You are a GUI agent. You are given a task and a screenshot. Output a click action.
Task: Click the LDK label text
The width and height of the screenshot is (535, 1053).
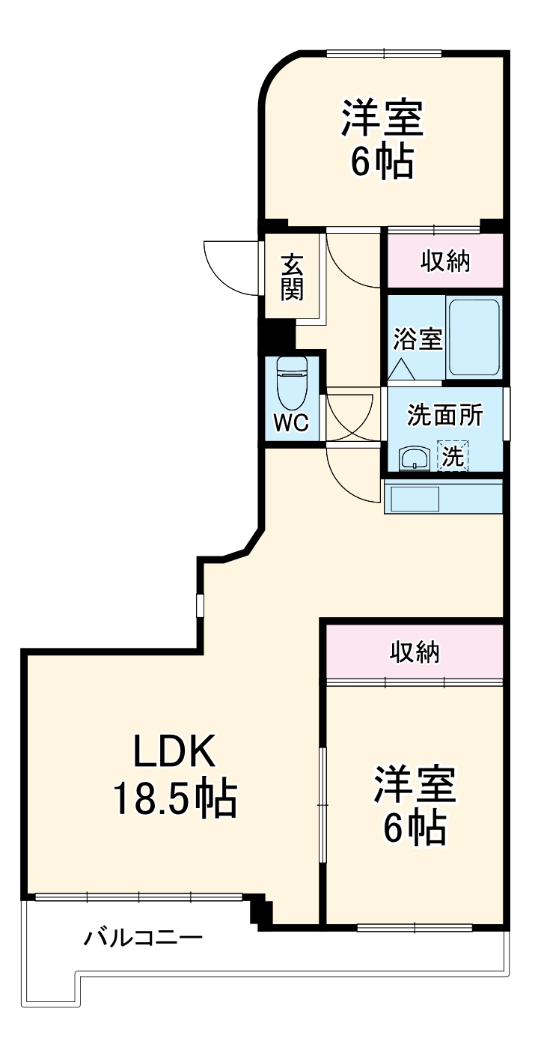click(x=174, y=751)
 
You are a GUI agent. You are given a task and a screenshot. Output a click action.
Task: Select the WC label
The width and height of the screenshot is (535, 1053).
click(x=290, y=423)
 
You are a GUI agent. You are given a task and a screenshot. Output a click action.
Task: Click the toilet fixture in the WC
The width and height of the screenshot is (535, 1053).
click(x=291, y=381)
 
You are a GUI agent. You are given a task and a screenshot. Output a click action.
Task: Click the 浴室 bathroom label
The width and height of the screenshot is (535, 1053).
click(x=418, y=339)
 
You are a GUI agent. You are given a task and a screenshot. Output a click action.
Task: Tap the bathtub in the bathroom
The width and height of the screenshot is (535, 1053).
click(x=473, y=338)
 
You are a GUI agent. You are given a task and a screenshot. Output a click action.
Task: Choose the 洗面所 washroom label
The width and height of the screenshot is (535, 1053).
click(x=444, y=415)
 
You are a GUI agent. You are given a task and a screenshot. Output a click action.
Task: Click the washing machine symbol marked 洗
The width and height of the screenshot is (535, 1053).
click(x=453, y=456)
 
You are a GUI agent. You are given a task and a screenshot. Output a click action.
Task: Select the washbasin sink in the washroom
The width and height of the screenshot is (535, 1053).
click(x=413, y=458)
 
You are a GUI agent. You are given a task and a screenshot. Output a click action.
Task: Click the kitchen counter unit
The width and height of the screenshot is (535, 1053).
click(x=441, y=497)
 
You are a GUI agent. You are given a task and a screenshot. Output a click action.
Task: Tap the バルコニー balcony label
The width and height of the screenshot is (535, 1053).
click(x=142, y=937)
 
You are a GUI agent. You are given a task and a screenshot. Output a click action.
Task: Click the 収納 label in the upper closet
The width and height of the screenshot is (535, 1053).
click(x=444, y=261)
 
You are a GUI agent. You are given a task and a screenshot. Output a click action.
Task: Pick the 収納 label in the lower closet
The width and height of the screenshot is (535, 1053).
click(x=415, y=653)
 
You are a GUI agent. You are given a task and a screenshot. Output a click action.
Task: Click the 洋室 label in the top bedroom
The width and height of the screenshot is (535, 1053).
click(x=383, y=118)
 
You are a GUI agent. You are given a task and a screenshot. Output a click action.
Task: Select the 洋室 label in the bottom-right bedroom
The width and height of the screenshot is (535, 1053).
click(x=415, y=783)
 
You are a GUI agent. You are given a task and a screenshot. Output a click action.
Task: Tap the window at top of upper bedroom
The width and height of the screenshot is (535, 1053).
click(x=384, y=53)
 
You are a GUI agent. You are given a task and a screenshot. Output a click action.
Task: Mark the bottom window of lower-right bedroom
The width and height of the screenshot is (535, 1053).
click(x=414, y=928)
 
